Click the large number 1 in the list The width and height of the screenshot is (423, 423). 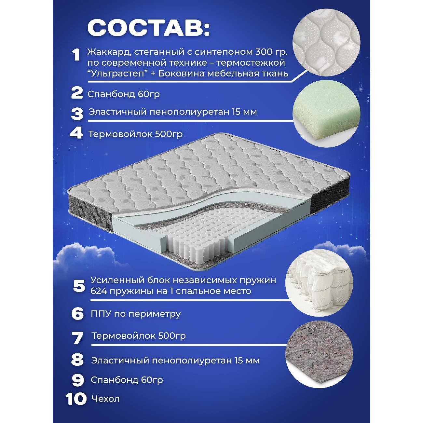point(76,55)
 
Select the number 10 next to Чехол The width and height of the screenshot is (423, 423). point(76,399)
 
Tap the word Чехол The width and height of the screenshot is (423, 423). point(105,399)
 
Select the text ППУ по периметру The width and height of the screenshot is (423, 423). point(136,314)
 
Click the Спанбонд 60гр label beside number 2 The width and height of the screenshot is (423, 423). point(124,94)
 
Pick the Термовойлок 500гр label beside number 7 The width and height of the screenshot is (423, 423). point(138,335)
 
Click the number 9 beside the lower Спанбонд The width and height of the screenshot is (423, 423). point(78,380)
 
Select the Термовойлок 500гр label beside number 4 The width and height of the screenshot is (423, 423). point(135,134)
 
